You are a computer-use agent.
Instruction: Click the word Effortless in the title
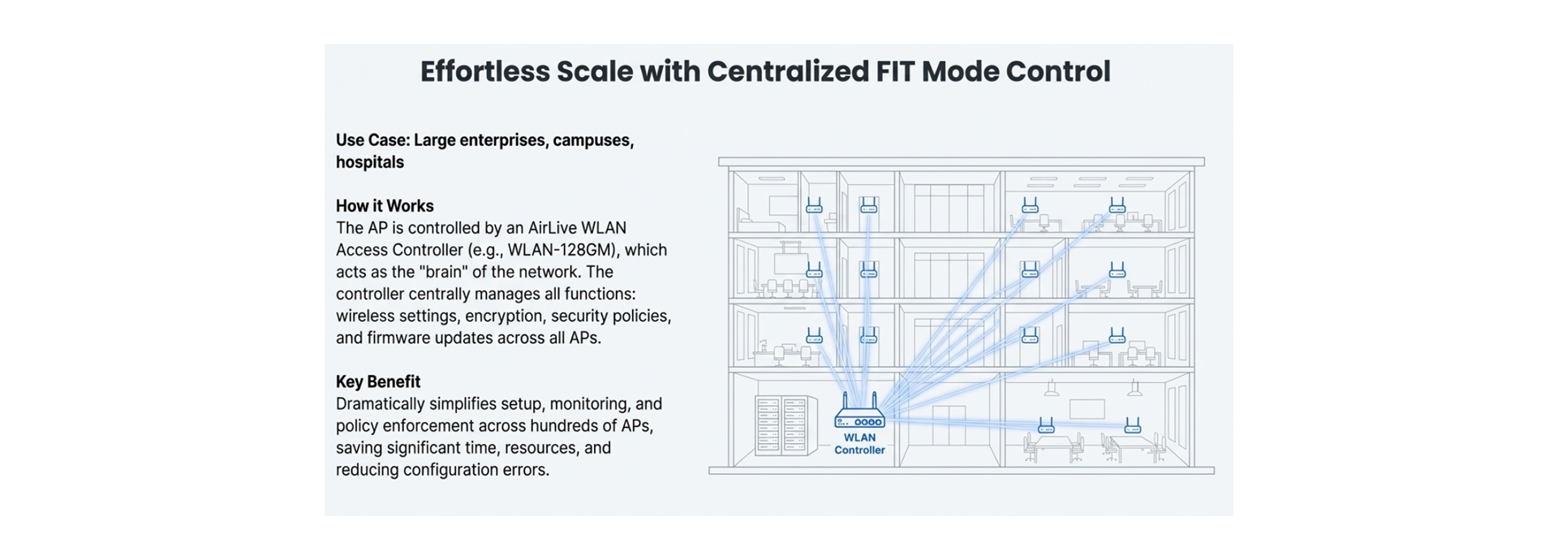pyautogui.click(x=484, y=71)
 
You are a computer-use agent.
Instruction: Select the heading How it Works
pyautogui.click(x=385, y=206)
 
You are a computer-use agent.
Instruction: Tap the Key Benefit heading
pyautogui.click(x=378, y=382)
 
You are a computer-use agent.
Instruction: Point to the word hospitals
pyautogui.click(x=370, y=162)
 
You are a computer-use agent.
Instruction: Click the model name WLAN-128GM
pyautogui.click(x=562, y=250)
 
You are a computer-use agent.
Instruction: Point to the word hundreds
pyautogui.click(x=568, y=426)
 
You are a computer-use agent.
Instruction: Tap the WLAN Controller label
pyautogui.click(x=859, y=444)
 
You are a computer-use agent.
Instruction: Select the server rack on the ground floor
pyautogui.click(x=785, y=425)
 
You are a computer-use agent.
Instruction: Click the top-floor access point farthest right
pyautogui.click(x=1117, y=205)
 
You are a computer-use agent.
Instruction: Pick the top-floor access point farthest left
pyautogui.click(x=814, y=205)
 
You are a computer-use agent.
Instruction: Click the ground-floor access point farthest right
pyautogui.click(x=1132, y=425)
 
